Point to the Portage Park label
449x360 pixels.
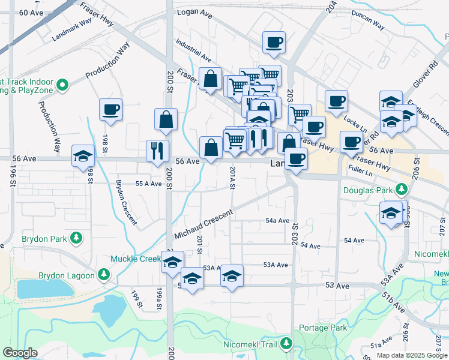coord(321,328)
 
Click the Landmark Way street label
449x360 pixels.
coord(72,29)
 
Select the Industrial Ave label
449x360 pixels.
coord(193,52)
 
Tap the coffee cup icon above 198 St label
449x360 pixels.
coord(110,110)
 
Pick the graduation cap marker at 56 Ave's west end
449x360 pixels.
coord(83,156)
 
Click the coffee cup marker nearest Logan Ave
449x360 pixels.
coord(274,42)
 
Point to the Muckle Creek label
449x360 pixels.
coord(135,259)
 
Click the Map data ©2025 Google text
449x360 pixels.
coord(411,355)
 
